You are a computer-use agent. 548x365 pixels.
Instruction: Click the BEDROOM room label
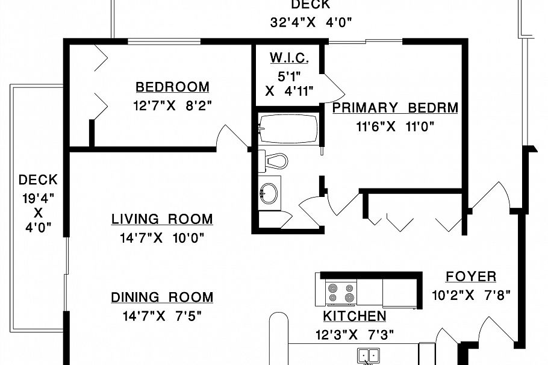pyautogui.click(x=172, y=87)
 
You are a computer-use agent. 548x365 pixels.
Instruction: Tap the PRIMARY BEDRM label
pyautogui.click(x=395, y=108)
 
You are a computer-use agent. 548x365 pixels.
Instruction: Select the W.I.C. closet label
pyautogui.click(x=289, y=58)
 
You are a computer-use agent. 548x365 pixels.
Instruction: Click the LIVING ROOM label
pyautogui.click(x=162, y=219)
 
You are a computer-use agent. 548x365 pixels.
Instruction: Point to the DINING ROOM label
pyautogui.click(x=162, y=297)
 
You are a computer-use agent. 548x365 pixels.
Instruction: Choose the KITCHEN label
pyautogui.click(x=355, y=316)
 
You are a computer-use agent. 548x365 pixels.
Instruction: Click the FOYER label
pyautogui.click(x=471, y=277)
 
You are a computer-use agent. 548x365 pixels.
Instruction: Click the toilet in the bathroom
pyautogui.click(x=274, y=161)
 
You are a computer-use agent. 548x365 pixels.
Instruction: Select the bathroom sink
pyautogui.click(x=270, y=193)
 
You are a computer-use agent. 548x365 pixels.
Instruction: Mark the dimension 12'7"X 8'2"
pyautogui.click(x=172, y=106)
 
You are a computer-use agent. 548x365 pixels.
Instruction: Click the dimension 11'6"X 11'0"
pyautogui.click(x=395, y=126)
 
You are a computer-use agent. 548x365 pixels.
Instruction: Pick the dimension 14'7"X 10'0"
pyautogui.click(x=162, y=238)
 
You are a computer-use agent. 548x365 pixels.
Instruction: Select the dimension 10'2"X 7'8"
pyautogui.click(x=471, y=295)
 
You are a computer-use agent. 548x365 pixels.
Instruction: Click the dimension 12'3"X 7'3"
pyautogui.click(x=355, y=334)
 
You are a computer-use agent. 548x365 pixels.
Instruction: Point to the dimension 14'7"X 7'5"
pyautogui.click(x=162, y=316)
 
